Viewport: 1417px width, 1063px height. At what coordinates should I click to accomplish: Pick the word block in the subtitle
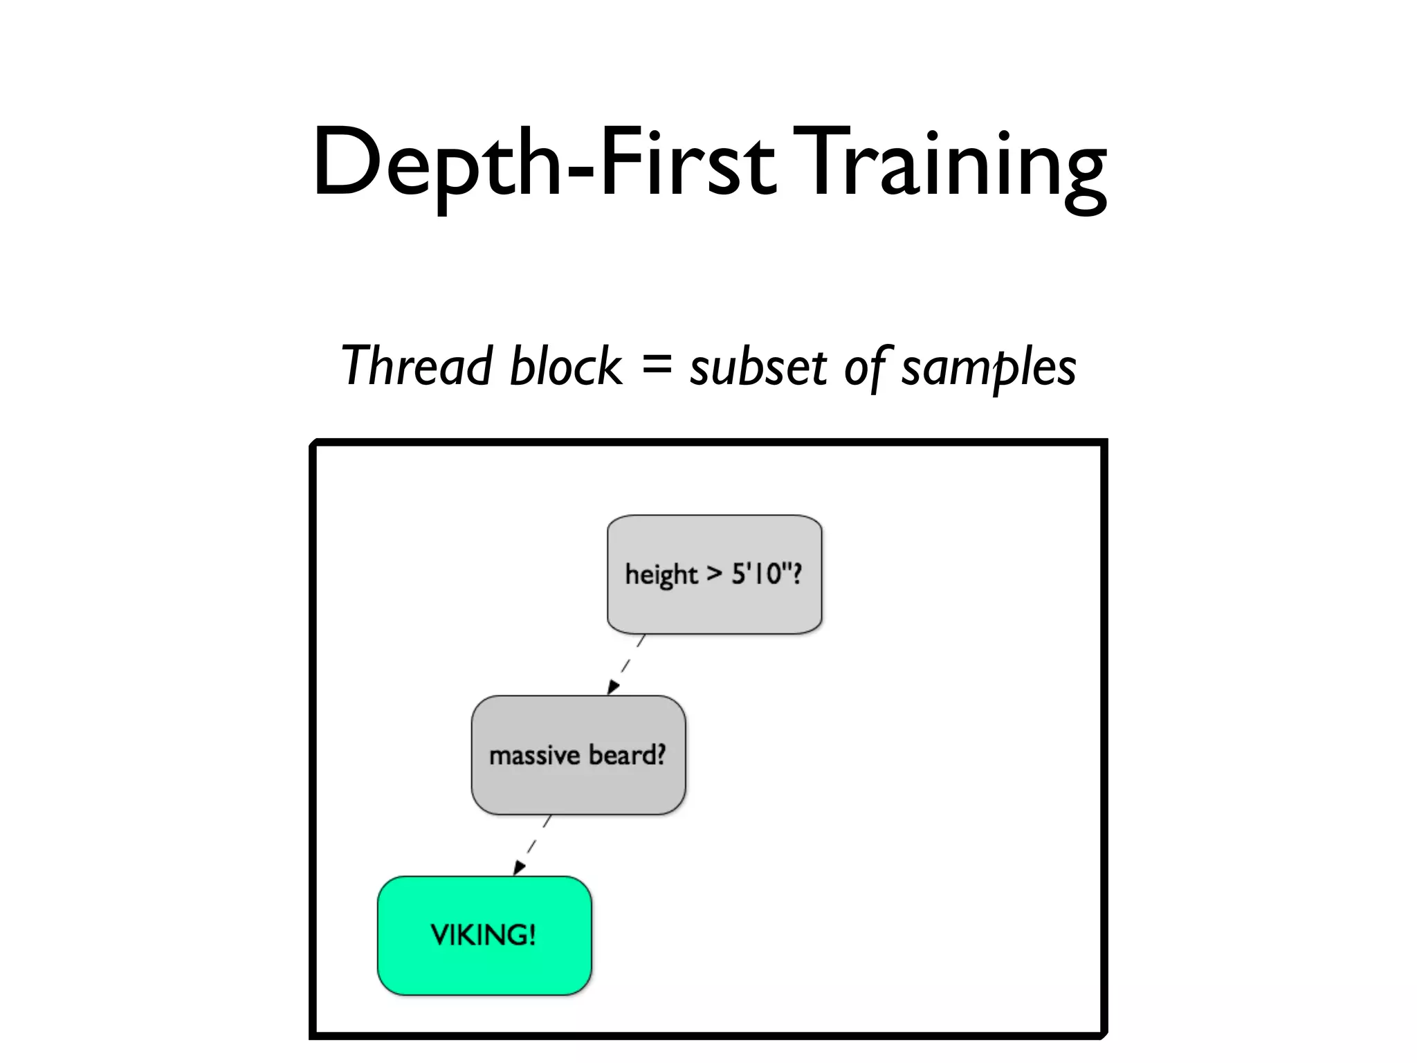[x=565, y=365]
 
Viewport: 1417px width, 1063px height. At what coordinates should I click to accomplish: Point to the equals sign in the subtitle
[x=656, y=363]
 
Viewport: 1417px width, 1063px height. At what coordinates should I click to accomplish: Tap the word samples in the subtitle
[x=989, y=367]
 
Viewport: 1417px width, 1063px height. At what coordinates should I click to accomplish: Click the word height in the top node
[x=661, y=574]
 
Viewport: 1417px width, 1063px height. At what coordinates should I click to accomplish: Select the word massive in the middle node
[x=534, y=755]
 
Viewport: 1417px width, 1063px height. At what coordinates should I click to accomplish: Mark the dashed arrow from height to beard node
[x=626, y=664]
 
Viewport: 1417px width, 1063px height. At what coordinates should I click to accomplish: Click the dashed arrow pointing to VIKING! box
[x=532, y=845]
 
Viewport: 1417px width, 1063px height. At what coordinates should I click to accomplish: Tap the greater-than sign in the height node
[x=714, y=574]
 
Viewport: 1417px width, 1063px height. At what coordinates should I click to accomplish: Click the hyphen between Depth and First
[x=580, y=171]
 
